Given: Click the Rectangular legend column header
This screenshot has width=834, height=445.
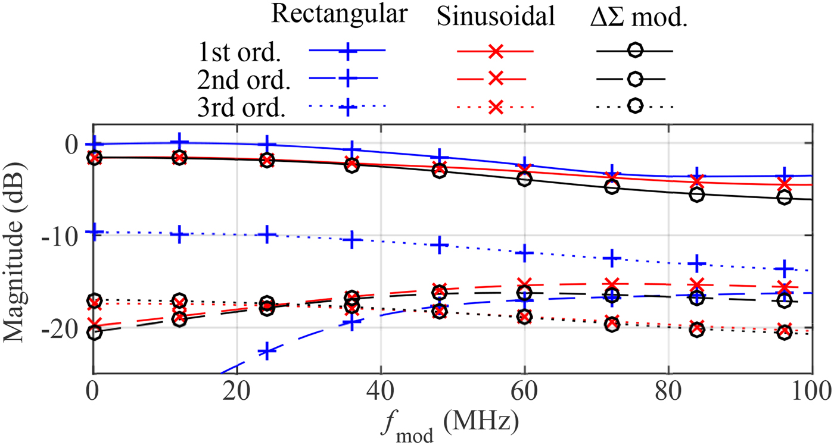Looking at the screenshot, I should pos(340,15).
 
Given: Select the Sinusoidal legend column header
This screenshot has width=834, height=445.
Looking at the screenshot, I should pos(496,18).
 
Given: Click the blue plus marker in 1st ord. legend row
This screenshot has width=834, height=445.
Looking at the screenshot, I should pos(347,51).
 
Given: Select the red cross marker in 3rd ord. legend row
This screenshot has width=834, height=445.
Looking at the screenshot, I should pos(495,107).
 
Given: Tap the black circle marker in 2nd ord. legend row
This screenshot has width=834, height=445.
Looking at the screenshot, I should pos(635,79).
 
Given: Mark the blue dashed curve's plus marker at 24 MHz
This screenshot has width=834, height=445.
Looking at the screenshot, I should pos(268,351).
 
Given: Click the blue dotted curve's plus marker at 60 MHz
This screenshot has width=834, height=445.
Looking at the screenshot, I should pos(524,253).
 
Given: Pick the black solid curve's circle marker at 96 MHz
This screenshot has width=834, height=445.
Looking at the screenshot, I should pos(785,198).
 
